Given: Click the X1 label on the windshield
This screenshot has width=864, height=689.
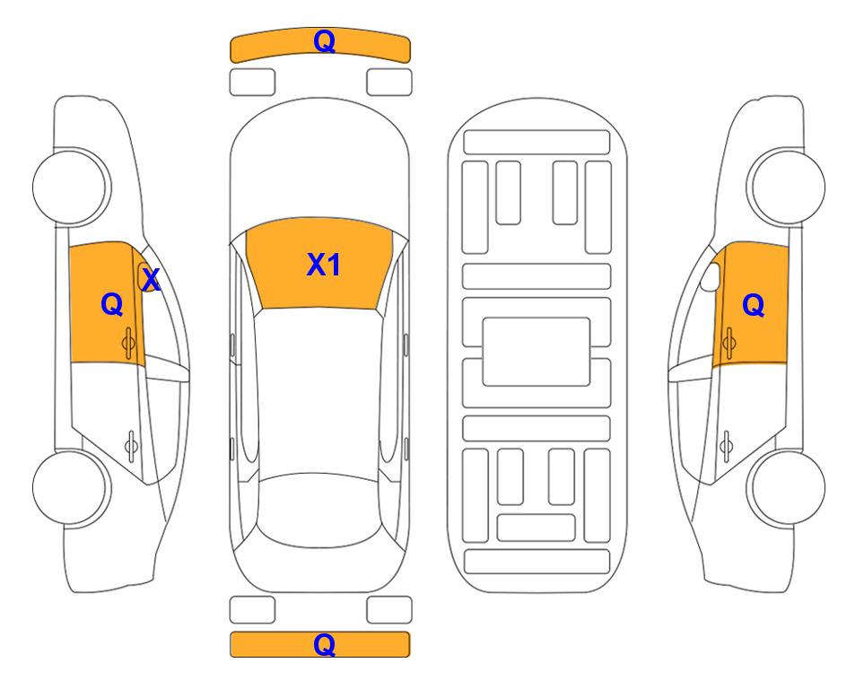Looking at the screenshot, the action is point(324,265).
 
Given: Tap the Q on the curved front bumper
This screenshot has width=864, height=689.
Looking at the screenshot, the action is point(325,41).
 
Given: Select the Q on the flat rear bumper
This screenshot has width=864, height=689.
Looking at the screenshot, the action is point(325,644).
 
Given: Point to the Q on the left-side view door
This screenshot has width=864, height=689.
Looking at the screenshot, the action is point(112,304).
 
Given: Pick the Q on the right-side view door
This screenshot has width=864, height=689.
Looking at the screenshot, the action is point(754,305).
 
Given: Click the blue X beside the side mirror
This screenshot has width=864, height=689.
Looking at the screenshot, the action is point(151,279).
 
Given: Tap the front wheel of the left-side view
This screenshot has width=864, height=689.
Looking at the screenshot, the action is point(71,187).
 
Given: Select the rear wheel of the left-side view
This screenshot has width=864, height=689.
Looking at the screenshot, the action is point(71,488).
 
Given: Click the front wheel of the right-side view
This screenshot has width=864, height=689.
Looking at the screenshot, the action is point(787,187).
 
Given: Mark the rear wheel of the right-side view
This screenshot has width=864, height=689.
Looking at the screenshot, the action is point(787,488).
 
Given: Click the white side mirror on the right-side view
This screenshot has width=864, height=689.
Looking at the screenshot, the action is point(711,276).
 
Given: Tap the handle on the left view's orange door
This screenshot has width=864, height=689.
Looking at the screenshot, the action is point(128,343).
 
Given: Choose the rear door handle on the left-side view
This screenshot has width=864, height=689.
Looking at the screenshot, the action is point(131,445).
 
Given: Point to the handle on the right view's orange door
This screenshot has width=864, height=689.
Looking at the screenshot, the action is point(729,343).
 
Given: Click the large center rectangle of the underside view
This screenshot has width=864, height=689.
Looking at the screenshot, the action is point(537,352).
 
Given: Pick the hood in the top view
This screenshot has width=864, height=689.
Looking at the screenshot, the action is point(319,165).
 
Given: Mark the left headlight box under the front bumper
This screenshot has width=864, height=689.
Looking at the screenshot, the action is point(252,83).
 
